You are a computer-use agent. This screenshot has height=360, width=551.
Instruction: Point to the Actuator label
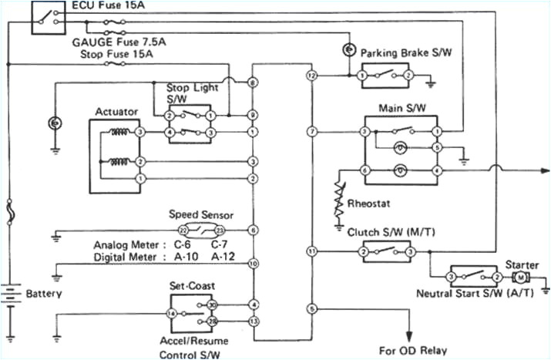click(116, 112)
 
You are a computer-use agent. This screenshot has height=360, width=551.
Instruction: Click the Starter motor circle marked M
click(521, 276)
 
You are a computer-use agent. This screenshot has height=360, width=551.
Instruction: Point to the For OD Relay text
click(423, 351)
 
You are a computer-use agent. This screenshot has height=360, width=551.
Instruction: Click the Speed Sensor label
click(200, 215)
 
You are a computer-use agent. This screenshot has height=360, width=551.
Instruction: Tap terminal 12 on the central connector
click(311, 76)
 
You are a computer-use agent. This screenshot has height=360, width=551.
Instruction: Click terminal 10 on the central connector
click(253, 264)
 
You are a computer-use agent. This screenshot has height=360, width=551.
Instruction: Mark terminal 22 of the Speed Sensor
click(182, 230)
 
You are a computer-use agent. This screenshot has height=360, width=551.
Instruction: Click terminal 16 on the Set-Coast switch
click(171, 314)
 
